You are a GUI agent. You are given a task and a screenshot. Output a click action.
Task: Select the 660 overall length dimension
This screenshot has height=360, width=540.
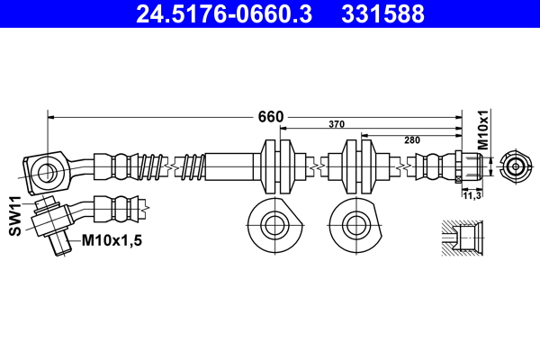[271, 117]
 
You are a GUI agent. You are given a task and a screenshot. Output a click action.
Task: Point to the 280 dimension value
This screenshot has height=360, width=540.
[413, 139]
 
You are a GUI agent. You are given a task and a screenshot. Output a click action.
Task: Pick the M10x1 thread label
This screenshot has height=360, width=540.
[482, 130]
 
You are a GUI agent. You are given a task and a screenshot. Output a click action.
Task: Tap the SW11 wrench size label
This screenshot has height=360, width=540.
[15, 217]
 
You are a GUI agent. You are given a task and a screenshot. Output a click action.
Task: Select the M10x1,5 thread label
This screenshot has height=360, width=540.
[113, 240]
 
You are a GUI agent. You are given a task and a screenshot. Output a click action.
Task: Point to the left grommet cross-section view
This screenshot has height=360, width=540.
[271, 222]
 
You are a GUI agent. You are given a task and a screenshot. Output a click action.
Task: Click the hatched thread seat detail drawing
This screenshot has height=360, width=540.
[464, 241]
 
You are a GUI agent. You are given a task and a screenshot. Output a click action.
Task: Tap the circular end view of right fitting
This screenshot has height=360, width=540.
[515, 166]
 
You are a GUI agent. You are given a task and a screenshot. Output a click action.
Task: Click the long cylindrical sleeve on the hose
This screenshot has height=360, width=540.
[231, 167]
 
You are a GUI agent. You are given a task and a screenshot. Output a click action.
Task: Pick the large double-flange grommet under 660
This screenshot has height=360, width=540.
[277, 166]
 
